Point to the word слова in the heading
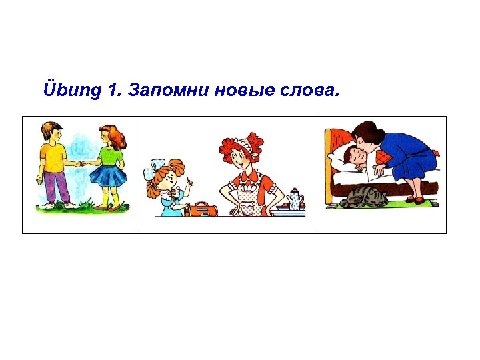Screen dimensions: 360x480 pyautogui.click(x=309, y=91)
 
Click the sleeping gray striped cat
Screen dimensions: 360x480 pyautogui.click(x=364, y=197)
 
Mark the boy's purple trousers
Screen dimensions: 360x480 pyautogui.click(x=57, y=187)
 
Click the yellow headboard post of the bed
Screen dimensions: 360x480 pyautogui.click(x=328, y=153)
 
